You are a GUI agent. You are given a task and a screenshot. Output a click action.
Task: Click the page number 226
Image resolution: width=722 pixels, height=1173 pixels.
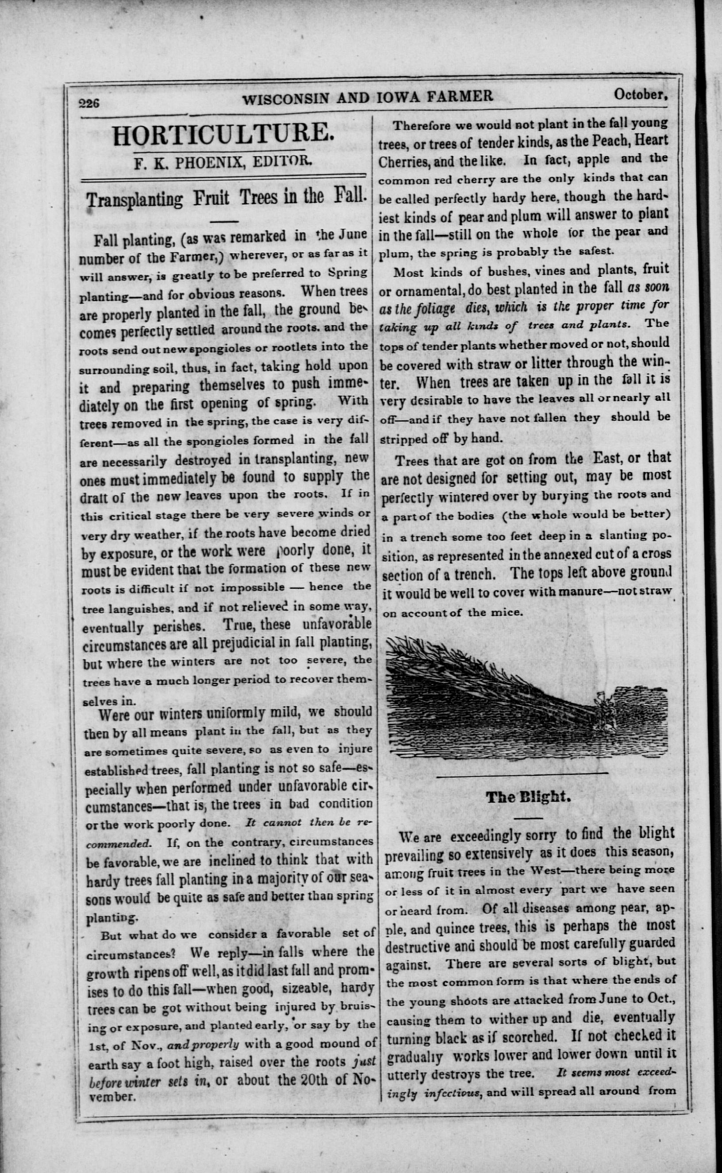pyautogui.click(x=89, y=103)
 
